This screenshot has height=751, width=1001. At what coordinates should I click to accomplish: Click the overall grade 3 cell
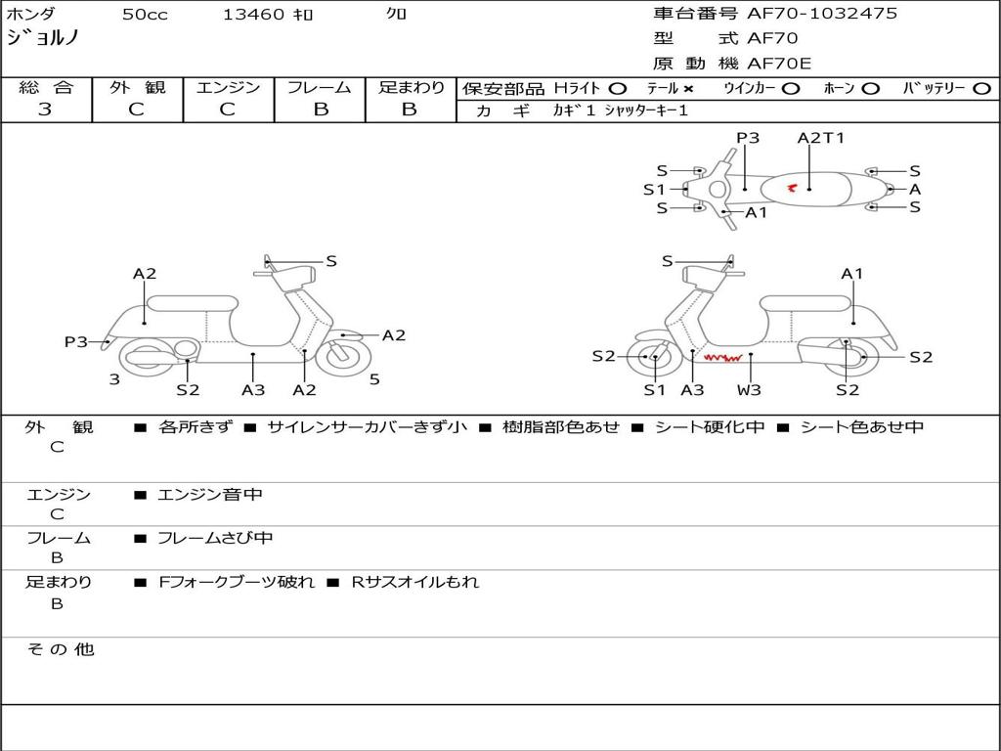tap(45, 110)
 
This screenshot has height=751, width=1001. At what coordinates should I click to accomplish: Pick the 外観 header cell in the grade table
tap(137, 87)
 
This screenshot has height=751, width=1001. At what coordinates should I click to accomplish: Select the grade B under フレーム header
tap(321, 110)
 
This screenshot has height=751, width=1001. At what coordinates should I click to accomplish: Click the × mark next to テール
tap(688, 88)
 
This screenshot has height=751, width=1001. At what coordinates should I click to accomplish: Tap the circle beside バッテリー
tap(982, 88)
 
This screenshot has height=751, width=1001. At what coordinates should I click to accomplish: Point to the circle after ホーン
tap(871, 88)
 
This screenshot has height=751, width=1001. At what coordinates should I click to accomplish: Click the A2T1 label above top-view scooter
tap(820, 138)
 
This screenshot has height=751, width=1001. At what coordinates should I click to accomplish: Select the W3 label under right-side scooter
tap(749, 390)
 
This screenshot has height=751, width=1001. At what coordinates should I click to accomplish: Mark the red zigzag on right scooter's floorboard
tap(721, 359)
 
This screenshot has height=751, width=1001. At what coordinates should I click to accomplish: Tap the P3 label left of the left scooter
tap(76, 341)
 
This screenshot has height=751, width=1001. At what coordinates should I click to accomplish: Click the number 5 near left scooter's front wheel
tap(374, 379)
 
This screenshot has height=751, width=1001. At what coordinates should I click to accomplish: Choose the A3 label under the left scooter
tap(253, 390)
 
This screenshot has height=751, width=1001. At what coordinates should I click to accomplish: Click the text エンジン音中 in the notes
tap(210, 495)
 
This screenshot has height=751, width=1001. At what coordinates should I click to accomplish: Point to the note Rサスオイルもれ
tap(415, 582)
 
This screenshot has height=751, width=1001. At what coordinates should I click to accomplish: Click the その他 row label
tap(60, 649)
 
